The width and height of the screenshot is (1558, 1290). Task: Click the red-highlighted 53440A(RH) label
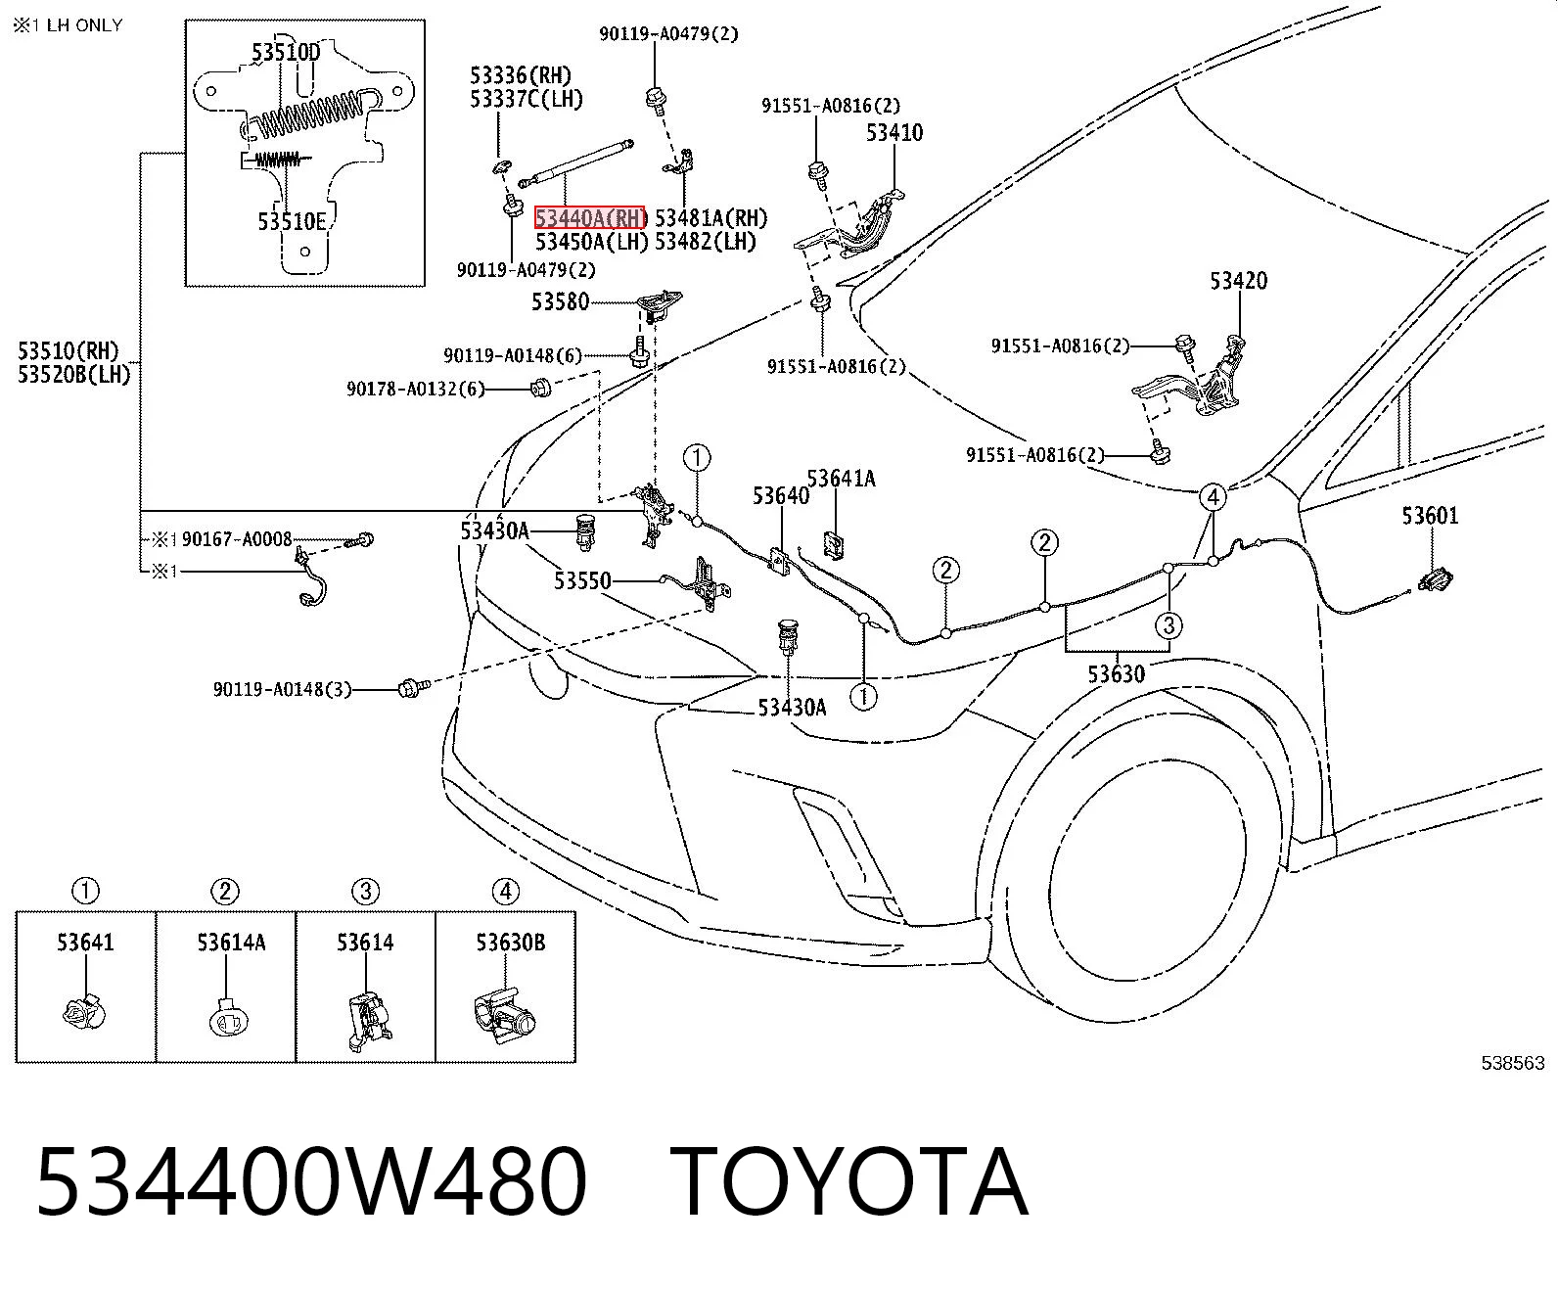click(589, 218)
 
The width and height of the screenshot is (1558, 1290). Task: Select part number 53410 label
click(894, 133)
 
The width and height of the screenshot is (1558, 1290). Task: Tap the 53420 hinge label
click(1239, 281)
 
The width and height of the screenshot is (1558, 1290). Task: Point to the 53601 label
click(1430, 515)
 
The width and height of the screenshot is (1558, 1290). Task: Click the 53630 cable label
click(1116, 674)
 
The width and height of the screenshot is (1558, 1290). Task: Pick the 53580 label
click(560, 301)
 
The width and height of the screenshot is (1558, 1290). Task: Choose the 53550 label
click(582, 580)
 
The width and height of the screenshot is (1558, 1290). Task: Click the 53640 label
click(781, 495)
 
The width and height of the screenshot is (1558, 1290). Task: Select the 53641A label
click(841, 479)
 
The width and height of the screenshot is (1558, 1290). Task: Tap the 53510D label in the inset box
click(286, 52)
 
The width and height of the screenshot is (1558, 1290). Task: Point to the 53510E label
click(292, 222)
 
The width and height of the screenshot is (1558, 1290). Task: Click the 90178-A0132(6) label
click(416, 389)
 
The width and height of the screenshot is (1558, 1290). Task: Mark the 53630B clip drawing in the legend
click(504, 1015)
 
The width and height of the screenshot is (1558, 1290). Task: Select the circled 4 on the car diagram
click(1213, 496)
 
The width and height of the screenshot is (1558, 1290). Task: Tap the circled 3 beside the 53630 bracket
click(1168, 625)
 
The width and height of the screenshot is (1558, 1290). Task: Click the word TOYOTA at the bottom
click(848, 1183)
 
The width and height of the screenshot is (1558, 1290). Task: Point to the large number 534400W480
click(311, 1183)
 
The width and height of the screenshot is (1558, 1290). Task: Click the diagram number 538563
click(1512, 1062)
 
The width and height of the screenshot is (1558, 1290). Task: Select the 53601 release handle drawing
click(1435, 579)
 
